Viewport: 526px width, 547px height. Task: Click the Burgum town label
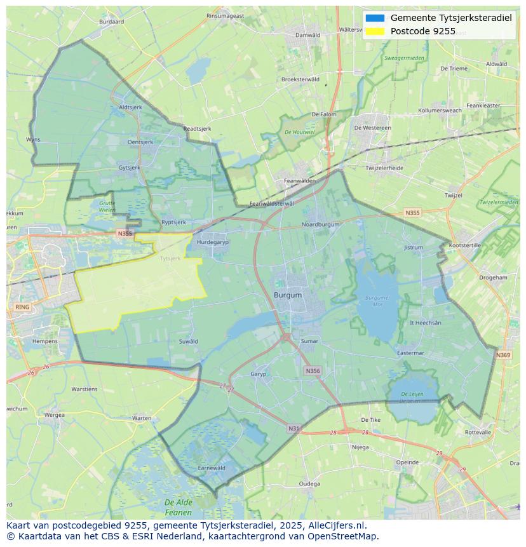point(288,295)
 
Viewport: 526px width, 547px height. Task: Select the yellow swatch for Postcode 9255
point(375,31)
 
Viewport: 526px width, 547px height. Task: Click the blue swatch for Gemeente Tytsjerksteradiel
point(375,18)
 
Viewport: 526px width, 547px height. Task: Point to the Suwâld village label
point(189,341)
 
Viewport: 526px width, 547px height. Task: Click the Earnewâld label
point(212,468)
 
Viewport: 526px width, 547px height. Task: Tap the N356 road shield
point(313,371)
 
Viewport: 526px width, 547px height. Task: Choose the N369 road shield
point(503,355)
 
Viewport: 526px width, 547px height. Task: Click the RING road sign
point(22,307)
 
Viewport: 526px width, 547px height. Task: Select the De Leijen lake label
point(412,397)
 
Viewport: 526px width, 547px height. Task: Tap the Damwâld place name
point(308,35)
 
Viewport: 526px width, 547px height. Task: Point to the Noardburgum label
point(320,224)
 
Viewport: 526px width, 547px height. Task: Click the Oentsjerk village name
point(141,142)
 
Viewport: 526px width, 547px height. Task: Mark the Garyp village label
point(259,374)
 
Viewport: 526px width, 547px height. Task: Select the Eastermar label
point(410,353)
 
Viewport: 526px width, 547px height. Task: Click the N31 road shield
point(293,429)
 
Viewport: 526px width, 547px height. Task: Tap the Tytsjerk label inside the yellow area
point(170,259)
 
